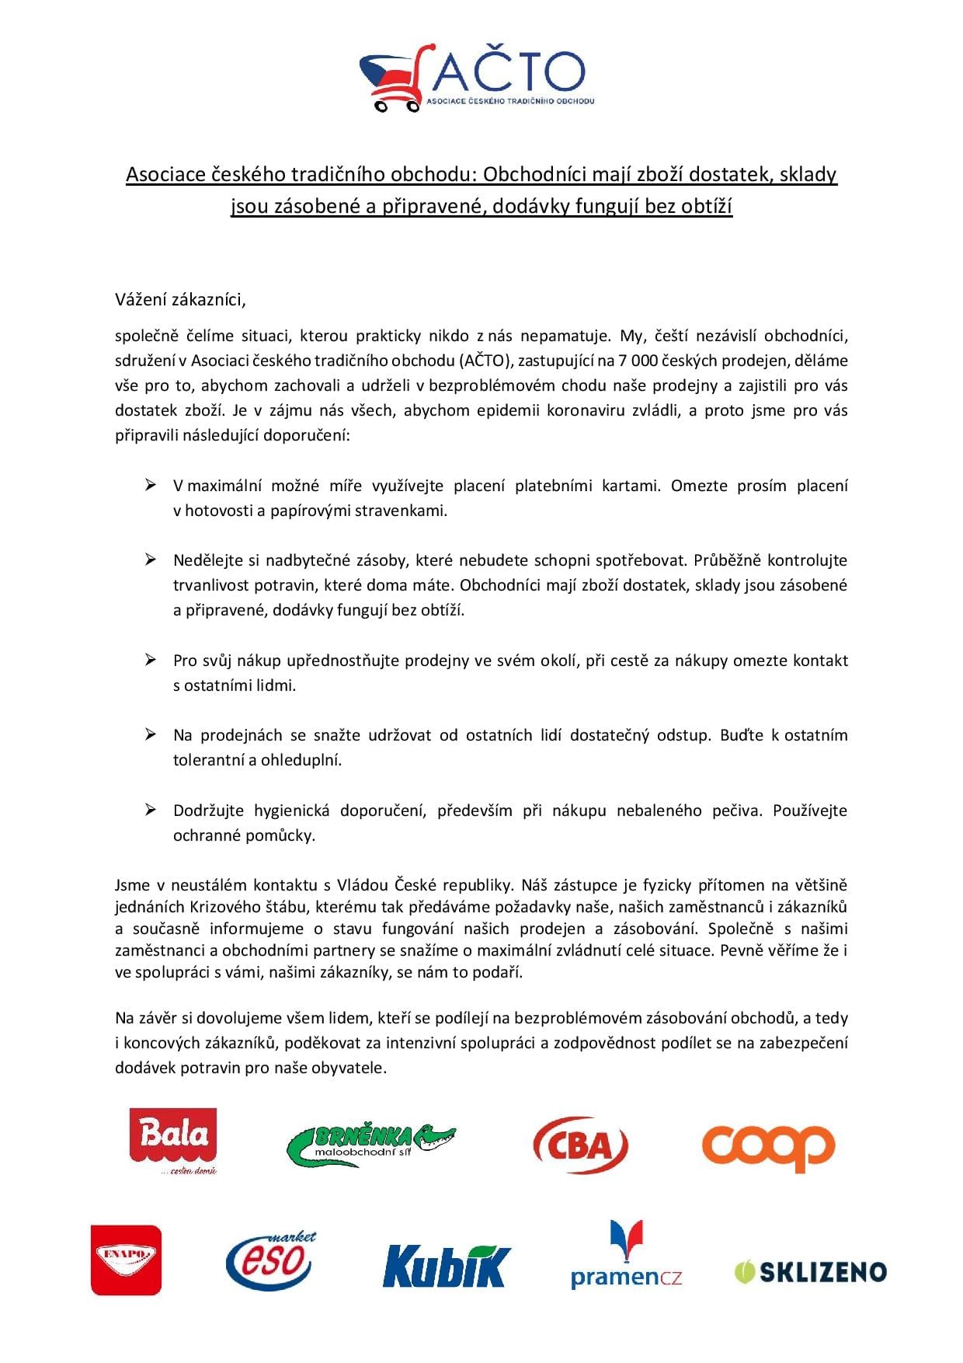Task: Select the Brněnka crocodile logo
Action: coord(371,1144)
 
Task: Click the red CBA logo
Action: coord(580,1145)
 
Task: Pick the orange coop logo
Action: coord(768,1147)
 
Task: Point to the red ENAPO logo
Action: coord(126,1260)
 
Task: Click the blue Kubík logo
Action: coord(447,1264)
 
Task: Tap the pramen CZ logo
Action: coord(626,1256)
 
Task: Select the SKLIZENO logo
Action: coord(810,1271)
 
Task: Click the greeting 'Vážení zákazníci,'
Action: coord(180,299)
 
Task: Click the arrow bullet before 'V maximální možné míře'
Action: coord(151,486)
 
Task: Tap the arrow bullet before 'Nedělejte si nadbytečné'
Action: coord(151,560)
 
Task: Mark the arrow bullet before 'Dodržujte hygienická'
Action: coord(151,810)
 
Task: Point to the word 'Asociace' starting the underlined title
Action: coord(165,174)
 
